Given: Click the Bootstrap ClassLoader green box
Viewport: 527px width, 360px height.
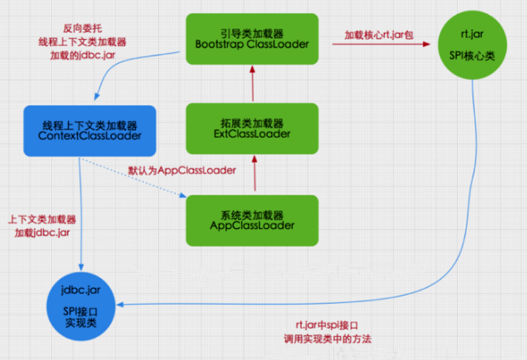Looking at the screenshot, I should click(252, 38).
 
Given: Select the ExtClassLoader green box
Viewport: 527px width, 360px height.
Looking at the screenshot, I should click(252, 128).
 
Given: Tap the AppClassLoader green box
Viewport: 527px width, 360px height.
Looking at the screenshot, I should click(252, 220).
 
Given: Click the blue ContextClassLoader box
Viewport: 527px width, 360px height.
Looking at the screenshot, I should click(90, 130).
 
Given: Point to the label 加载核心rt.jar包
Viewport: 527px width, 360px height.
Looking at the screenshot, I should click(379, 34).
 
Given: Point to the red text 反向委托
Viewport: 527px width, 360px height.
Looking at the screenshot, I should click(81, 29).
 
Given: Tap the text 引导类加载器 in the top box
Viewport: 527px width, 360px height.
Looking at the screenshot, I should click(252, 33).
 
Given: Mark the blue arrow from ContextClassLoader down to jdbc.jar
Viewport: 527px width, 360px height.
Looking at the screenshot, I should click(81, 211).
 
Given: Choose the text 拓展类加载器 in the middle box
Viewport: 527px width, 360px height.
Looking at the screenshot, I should click(252, 123).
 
